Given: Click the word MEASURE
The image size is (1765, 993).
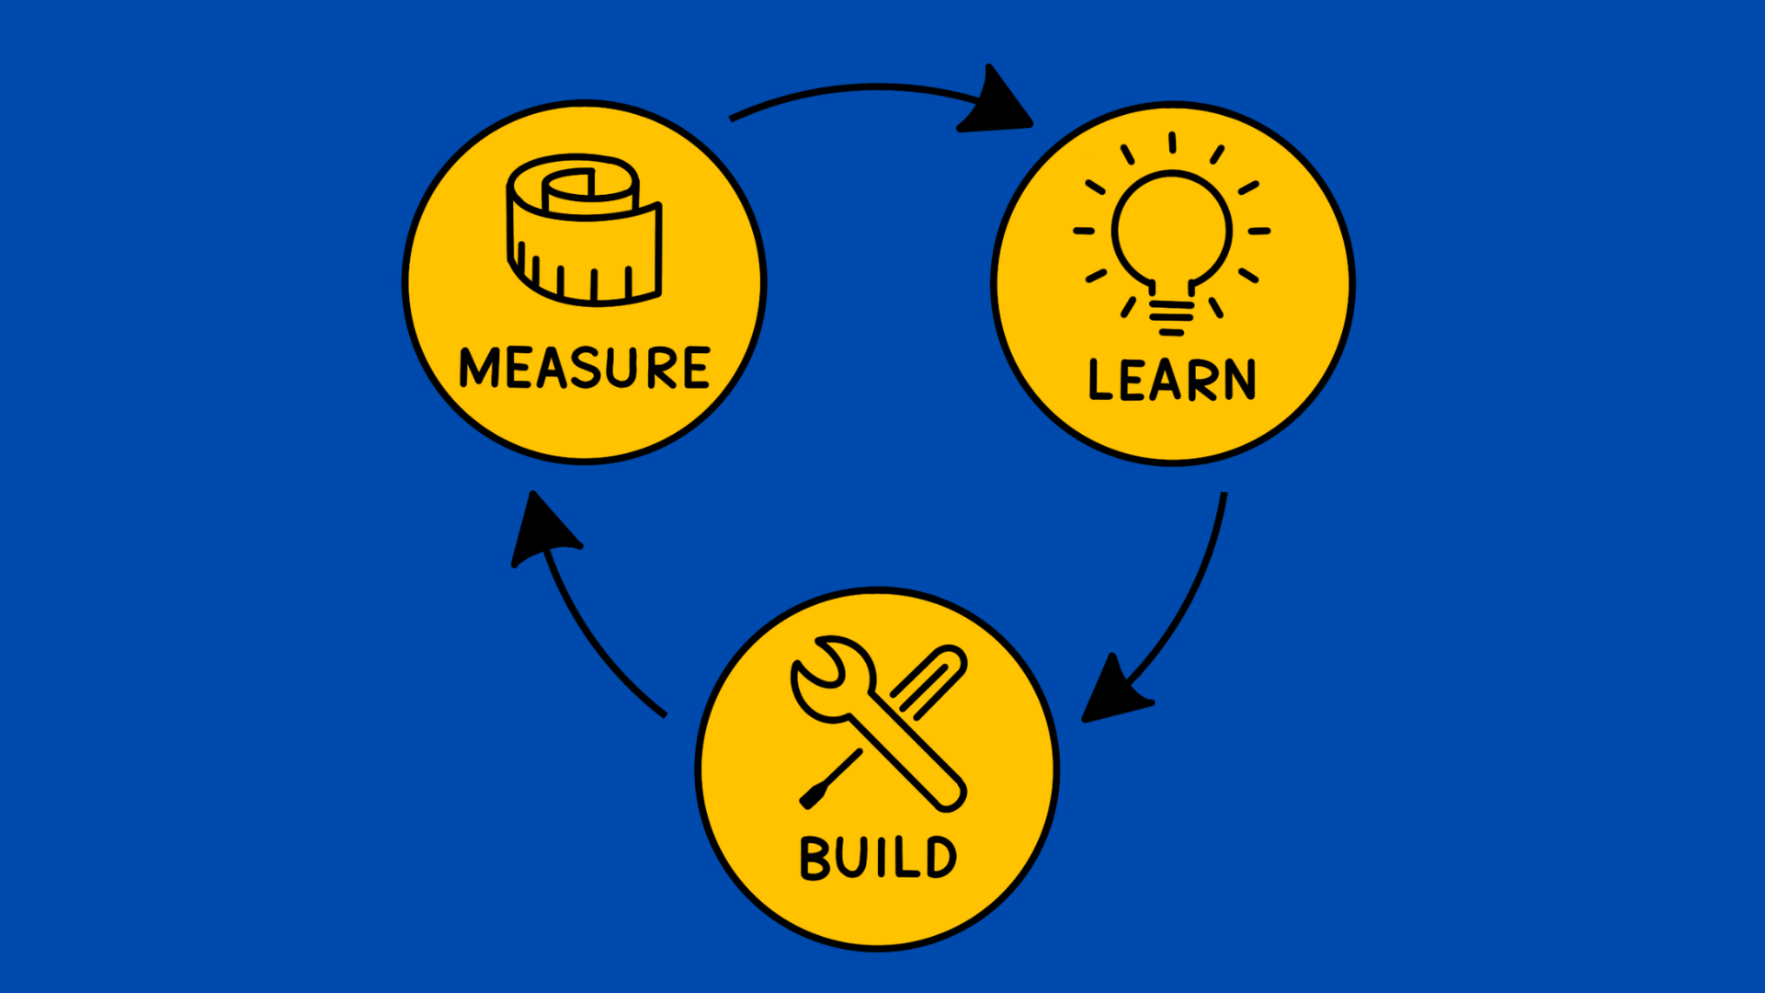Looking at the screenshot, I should (x=585, y=368).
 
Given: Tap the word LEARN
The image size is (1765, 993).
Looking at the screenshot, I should (x=1172, y=380).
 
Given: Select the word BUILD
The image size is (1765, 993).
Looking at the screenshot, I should (x=878, y=858).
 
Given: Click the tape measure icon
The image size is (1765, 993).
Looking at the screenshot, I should (x=584, y=230).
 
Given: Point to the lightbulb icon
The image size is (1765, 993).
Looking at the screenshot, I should (x=1171, y=234).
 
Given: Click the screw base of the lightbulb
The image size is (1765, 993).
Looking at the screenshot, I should (x=1171, y=313).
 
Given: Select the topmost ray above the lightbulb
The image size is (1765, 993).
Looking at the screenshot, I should (x=1172, y=142).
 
